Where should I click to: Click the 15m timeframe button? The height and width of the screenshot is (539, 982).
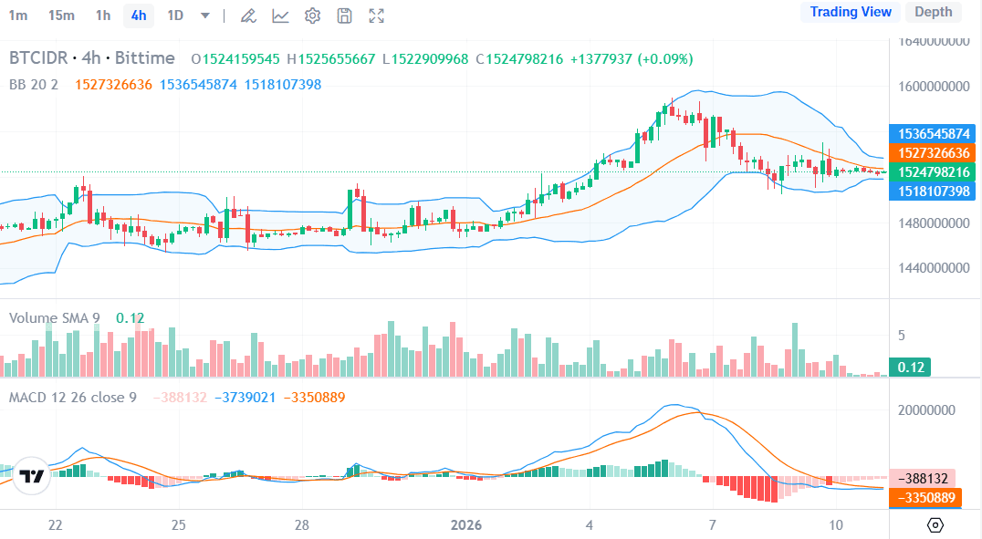click(61, 15)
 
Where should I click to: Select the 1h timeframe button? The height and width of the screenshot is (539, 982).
click(103, 15)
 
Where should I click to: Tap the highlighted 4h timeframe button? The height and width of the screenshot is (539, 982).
click(139, 15)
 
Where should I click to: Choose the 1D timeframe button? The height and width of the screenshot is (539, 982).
click(175, 15)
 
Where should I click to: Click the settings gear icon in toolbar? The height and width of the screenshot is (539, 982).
click(312, 16)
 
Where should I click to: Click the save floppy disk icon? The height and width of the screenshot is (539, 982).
click(344, 16)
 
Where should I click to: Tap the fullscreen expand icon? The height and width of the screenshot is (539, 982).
click(376, 16)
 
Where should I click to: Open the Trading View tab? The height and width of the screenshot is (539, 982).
click(851, 12)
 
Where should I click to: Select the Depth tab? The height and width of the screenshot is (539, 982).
click(933, 12)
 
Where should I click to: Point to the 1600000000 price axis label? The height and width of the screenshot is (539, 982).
click(932, 87)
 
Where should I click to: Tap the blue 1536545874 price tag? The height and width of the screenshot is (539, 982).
click(932, 133)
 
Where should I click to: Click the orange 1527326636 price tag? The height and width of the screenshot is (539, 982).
click(932, 152)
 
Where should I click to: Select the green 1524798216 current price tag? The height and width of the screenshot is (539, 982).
click(932, 171)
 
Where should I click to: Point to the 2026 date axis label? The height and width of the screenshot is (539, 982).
click(466, 525)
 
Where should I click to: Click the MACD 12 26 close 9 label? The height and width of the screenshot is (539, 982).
click(73, 398)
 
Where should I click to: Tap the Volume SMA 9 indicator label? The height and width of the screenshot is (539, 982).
click(55, 317)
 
